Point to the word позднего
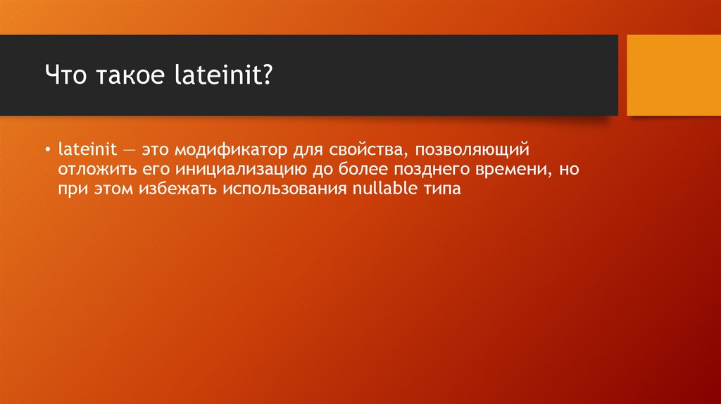[x=432, y=170]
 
